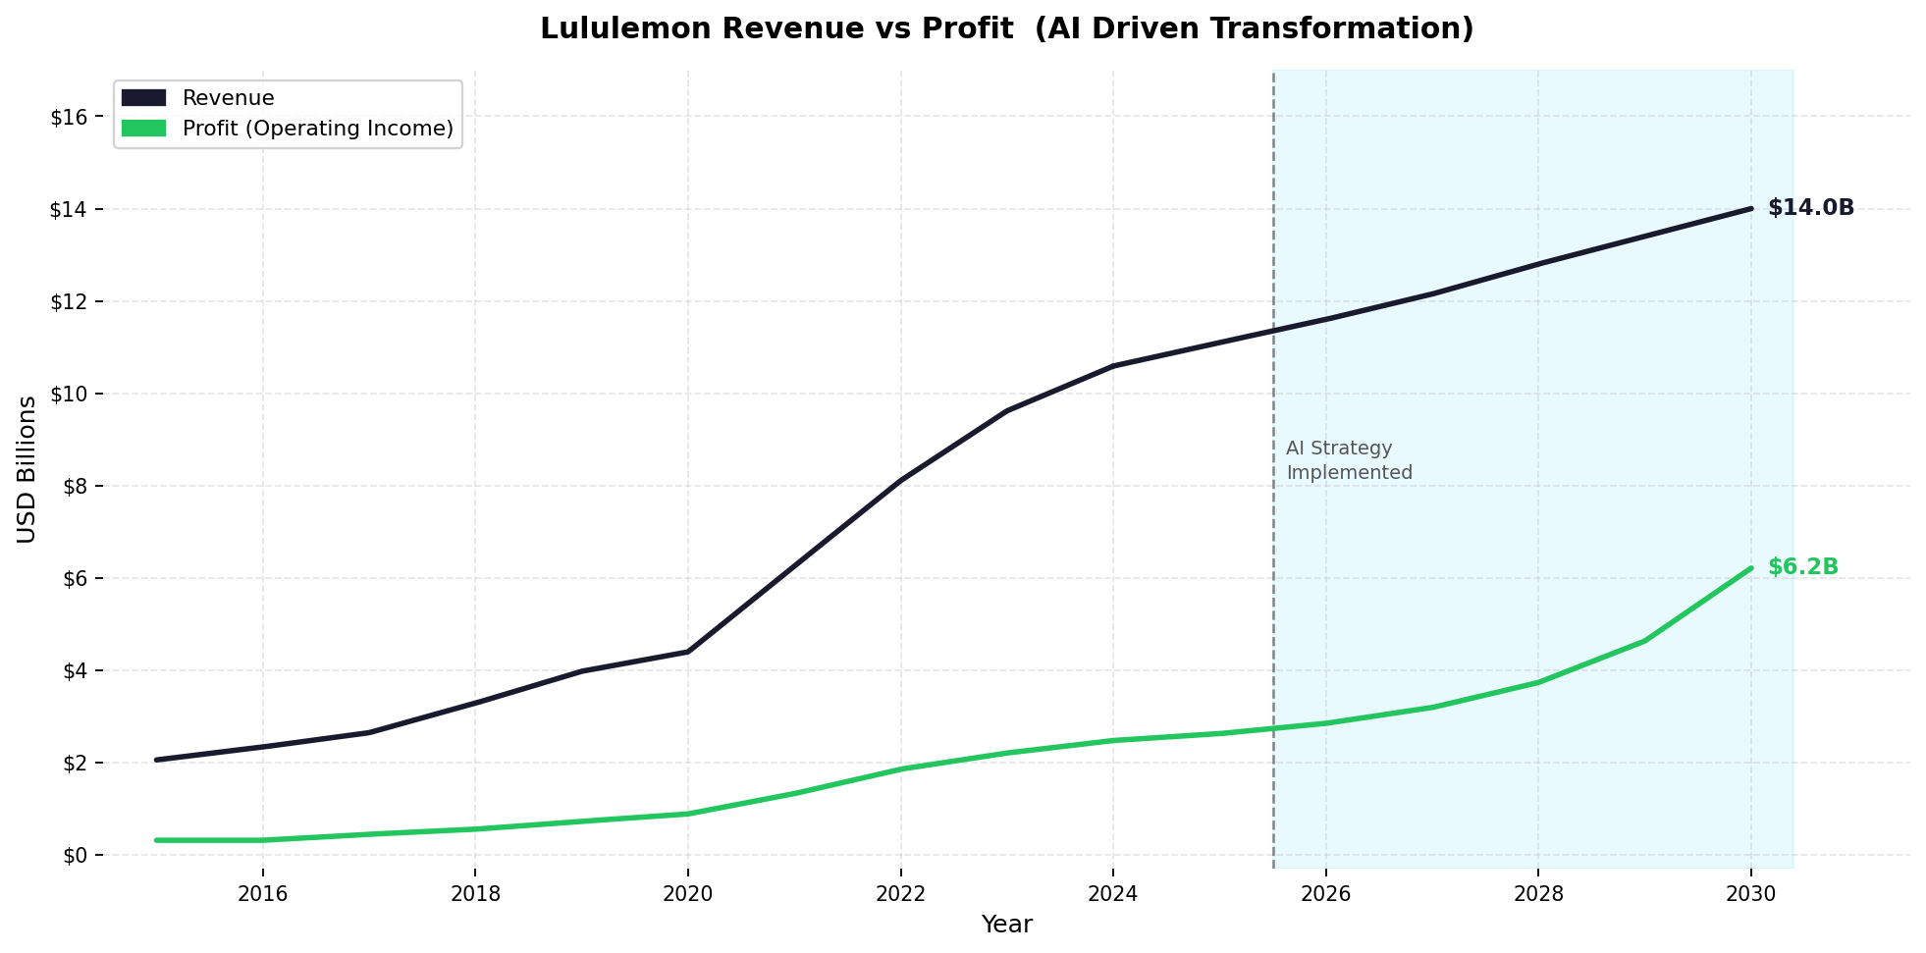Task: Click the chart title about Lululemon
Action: tap(1006, 28)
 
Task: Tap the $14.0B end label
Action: tap(1810, 208)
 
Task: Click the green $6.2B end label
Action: tap(1802, 567)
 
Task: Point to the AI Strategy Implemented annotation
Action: tap(1348, 460)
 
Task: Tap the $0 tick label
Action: tap(80, 855)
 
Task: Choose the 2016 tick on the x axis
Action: tap(262, 893)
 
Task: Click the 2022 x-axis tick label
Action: tap(900, 893)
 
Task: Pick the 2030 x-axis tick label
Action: tap(1750, 893)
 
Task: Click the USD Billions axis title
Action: tap(27, 469)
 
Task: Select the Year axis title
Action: tap(1006, 925)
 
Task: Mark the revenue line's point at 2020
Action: tap(687, 652)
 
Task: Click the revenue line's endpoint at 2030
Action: tap(1750, 208)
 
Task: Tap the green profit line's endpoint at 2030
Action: tap(1750, 568)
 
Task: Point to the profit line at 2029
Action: tap(1644, 641)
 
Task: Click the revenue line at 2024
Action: tap(1113, 366)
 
